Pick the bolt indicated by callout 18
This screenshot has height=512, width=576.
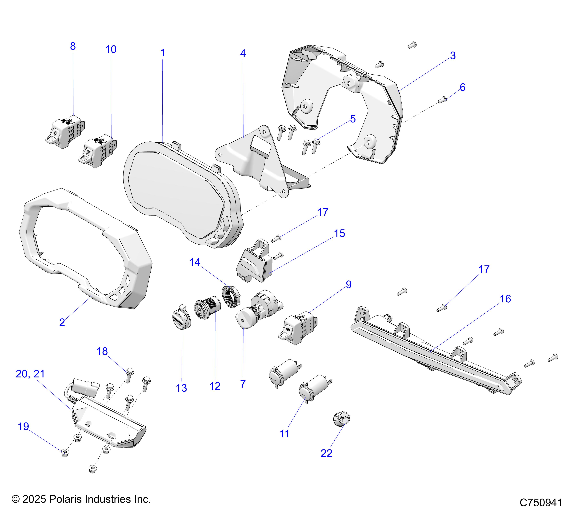pyautogui.click(x=129, y=375)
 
